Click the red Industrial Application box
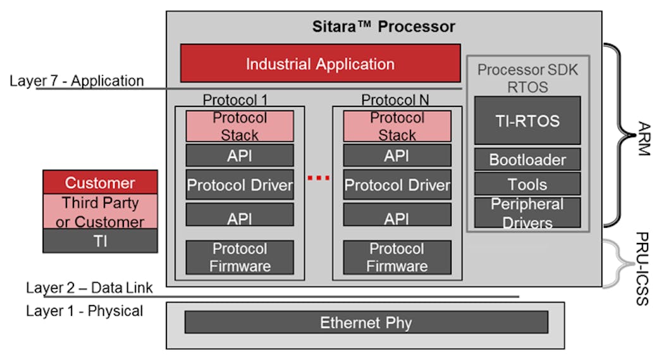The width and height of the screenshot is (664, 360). [320, 63]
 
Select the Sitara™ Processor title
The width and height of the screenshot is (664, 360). [383, 27]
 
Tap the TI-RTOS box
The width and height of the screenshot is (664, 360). [527, 121]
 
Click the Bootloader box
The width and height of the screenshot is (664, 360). [527, 159]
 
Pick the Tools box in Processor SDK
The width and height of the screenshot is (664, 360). [527, 184]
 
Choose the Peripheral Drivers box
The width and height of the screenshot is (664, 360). [527, 213]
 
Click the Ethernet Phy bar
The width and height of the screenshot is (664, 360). [366, 323]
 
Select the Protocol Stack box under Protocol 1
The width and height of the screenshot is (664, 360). [240, 127]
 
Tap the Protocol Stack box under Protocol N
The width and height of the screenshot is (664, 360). [397, 127]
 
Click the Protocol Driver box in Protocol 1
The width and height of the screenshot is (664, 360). [240, 185]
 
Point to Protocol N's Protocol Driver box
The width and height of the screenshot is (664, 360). [397, 185]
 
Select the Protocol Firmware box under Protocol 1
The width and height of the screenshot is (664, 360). [240, 257]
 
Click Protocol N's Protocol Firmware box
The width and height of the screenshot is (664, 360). [397, 257]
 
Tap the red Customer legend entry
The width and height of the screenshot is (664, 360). [100, 183]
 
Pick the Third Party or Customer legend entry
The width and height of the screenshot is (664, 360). [100, 212]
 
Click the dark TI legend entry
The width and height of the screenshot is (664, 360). [100, 241]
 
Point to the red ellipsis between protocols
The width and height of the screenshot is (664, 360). [318, 178]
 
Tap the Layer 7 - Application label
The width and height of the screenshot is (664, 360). [77, 81]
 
